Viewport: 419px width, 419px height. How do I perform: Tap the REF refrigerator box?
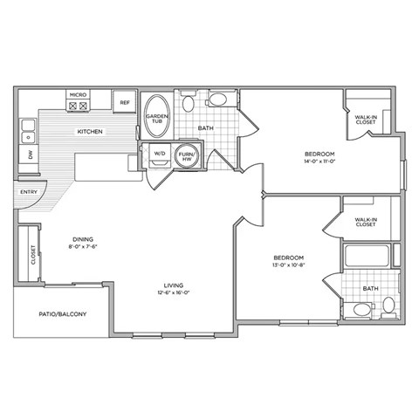pyautogui.click(x=125, y=102)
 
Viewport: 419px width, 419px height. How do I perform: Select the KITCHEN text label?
pyautogui.click(x=90, y=132)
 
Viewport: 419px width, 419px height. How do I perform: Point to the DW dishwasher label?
pyautogui.click(x=30, y=155)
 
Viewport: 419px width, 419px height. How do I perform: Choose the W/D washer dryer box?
pyautogui.click(x=160, y=155)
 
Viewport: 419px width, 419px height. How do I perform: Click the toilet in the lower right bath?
pyautogui.click(x=388, y=306)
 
